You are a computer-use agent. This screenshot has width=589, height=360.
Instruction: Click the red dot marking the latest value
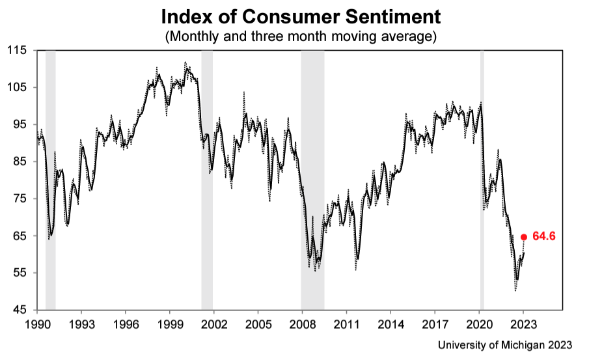click(524, 237)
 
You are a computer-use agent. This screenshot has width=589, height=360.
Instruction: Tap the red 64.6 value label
click(543, 237)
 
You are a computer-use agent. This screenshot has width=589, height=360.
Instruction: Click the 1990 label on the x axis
click(37, 322)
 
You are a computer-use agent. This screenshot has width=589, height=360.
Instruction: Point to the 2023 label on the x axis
click(524, 322)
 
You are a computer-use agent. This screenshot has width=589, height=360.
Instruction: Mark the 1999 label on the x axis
click(170, 322)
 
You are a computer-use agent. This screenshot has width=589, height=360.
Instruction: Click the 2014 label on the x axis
click(391, 322)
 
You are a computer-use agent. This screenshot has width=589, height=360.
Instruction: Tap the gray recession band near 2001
click(207, 195)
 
